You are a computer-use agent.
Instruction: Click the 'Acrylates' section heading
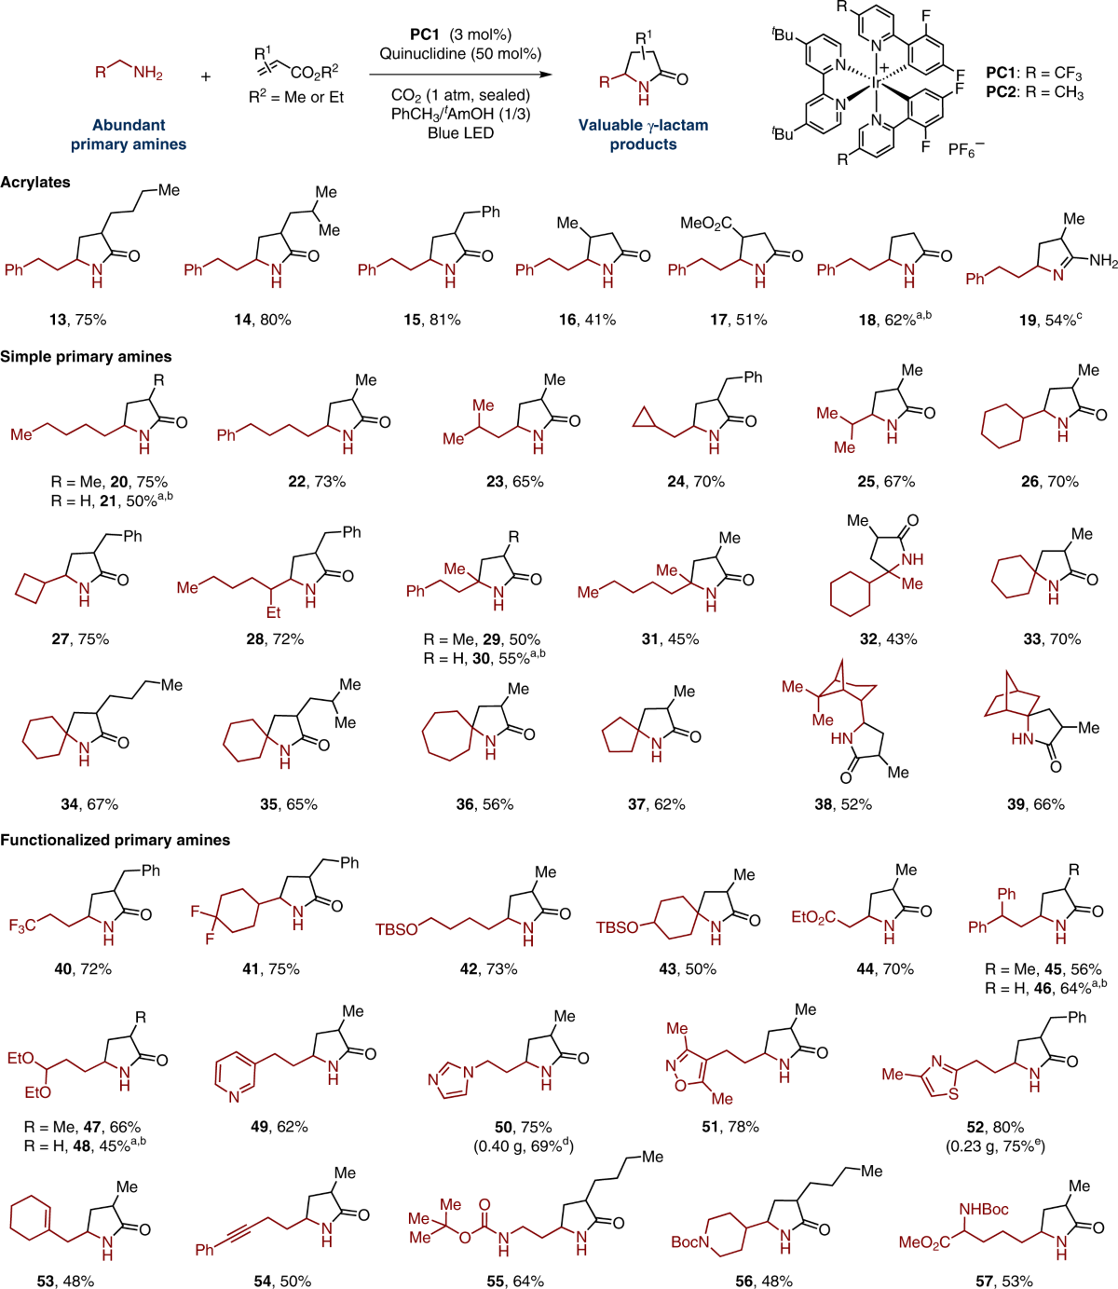point(35,183)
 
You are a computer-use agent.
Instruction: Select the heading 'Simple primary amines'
point(86,356)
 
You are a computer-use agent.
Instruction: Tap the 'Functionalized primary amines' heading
point(115,840)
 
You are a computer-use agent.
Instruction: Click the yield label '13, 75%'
point(78,320)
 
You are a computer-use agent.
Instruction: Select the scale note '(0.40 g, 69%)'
point(523,1145)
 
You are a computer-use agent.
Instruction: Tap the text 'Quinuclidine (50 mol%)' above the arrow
point(460,54)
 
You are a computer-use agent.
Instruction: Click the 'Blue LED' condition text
point(460,132)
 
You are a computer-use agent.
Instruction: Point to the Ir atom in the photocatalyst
point(876,83)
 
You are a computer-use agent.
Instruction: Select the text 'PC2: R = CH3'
point(1034,93)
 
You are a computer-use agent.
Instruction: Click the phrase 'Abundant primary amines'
point(129,134)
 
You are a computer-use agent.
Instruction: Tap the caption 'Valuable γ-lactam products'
point(643,134)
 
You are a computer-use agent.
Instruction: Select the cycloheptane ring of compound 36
point(445,736)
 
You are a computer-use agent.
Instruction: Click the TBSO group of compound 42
point(396,929)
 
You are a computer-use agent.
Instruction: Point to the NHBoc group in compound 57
point(983,1209)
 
